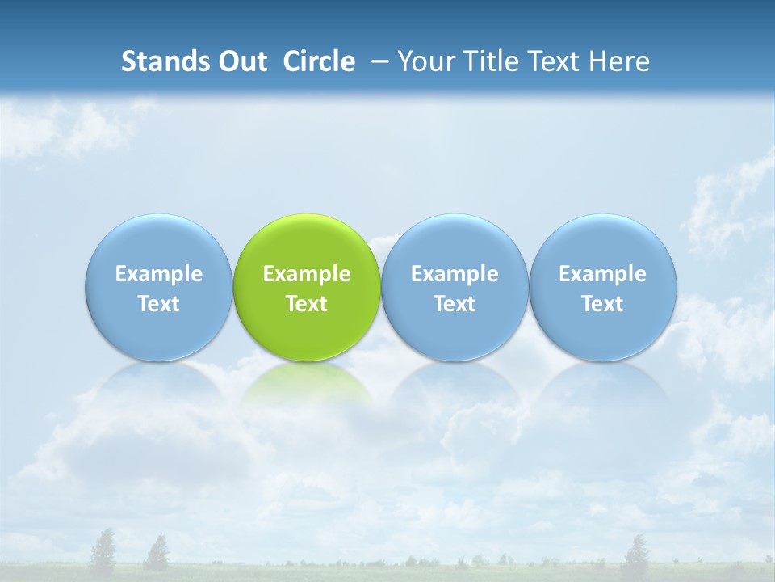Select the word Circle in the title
[x=319, y=61]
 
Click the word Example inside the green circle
[x=307, y=274]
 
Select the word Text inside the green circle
[x=307, y=304]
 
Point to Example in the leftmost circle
[x=158, y=274]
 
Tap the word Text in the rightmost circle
[x=603, y=304]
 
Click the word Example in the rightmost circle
[x=603, y=274]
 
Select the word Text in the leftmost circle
[x=158, y=304]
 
